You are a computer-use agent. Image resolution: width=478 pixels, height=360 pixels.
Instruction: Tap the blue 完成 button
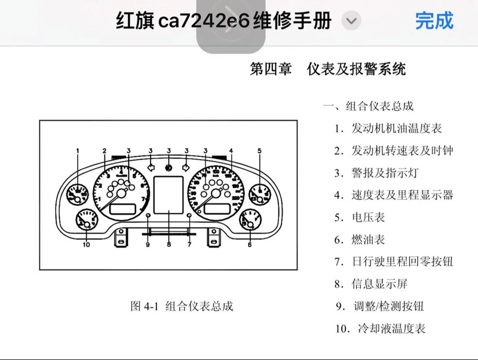pos(434,22)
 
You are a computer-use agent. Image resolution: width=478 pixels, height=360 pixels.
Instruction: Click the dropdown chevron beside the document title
pos(351,22)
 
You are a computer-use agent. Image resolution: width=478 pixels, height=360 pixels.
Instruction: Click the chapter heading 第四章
pos(270,69)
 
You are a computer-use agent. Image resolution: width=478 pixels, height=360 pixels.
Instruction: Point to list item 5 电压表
pos(359,218)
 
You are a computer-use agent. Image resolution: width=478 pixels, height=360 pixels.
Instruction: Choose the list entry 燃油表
pos(359,240)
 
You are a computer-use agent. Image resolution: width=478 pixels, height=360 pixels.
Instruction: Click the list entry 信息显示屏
pos(370,284)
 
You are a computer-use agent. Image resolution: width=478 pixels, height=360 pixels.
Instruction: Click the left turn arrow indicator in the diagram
pos(151,168)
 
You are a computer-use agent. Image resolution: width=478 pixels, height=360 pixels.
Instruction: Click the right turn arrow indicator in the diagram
pos(186,168)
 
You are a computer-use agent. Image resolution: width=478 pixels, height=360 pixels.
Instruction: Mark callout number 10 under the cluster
pos(86,244)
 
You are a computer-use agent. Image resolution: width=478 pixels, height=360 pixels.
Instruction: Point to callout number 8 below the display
pos(169,244)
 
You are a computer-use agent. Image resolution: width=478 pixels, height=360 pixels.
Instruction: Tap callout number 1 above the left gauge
pos(78,150)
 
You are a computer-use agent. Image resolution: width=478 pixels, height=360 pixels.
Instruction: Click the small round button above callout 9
pos(148,215)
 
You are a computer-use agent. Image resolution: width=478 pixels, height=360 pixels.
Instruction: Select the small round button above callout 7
pos(189,215)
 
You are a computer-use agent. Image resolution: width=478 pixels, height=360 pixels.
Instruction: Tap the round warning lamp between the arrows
pos(169,168)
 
